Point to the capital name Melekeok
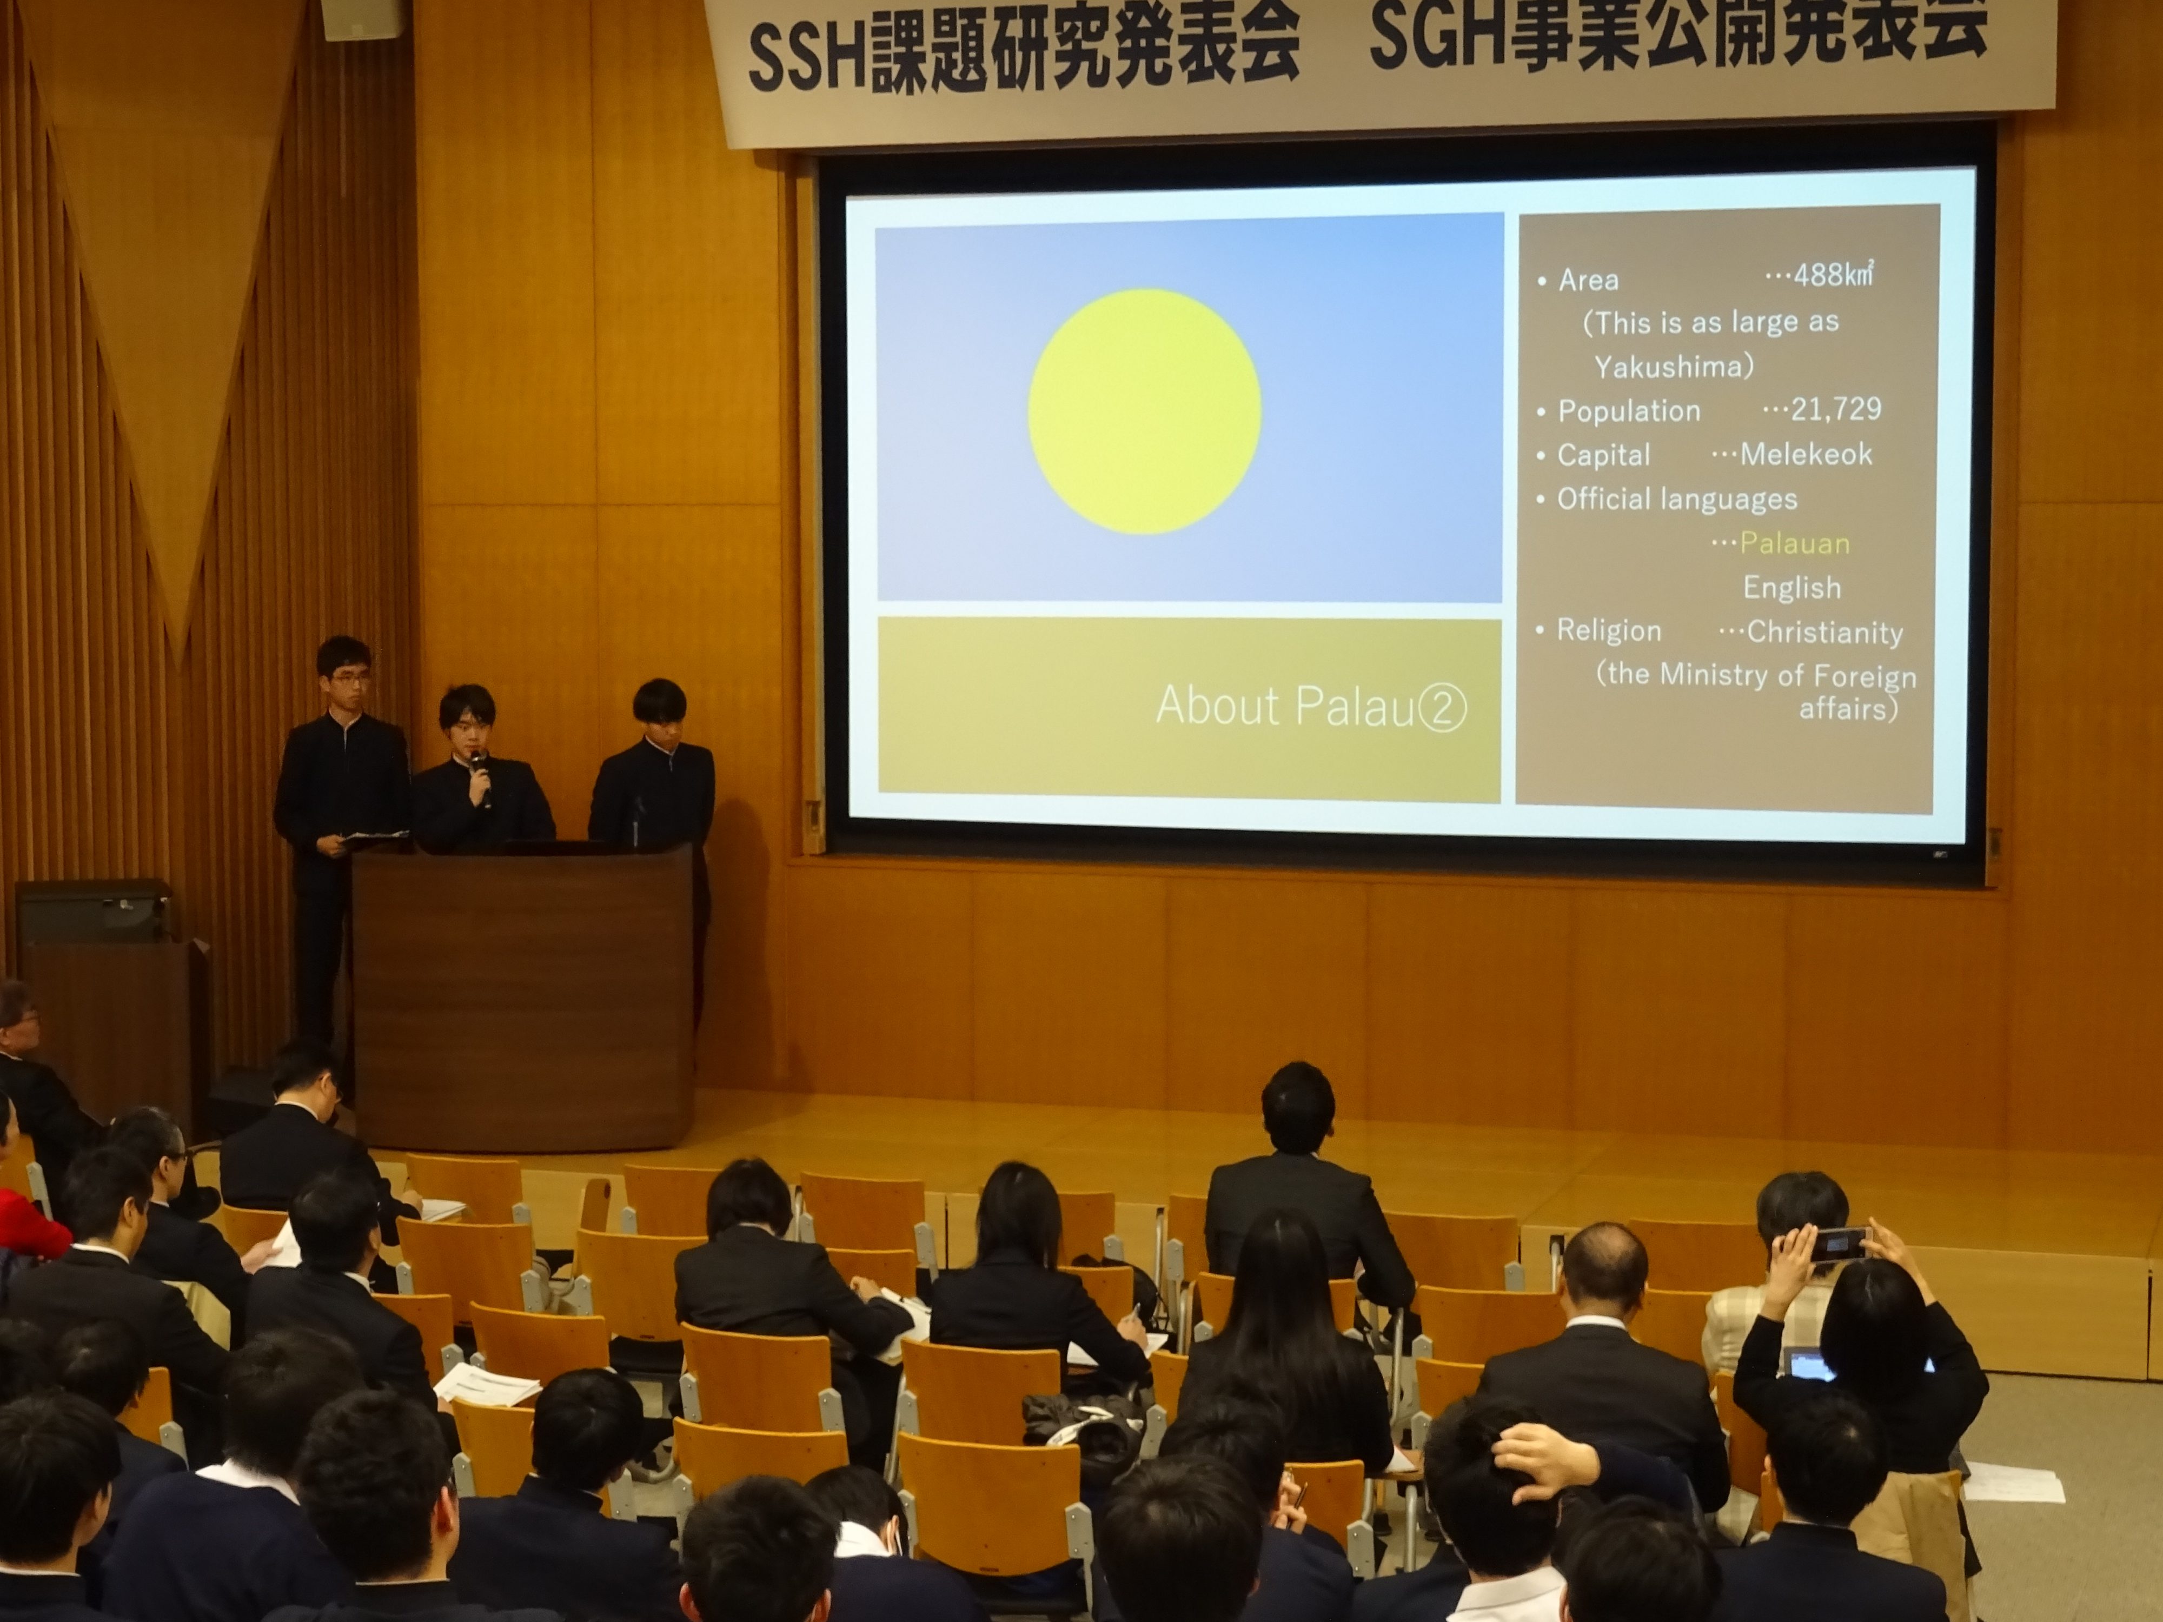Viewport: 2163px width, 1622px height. [x=1806, y=454]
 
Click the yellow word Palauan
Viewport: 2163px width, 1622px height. [x=1794, y=543]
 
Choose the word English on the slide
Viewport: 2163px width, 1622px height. [x=1792, y=588]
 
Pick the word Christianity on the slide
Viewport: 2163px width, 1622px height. [x=1824, y=633]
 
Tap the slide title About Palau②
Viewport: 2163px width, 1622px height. [x=1310, y=706]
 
